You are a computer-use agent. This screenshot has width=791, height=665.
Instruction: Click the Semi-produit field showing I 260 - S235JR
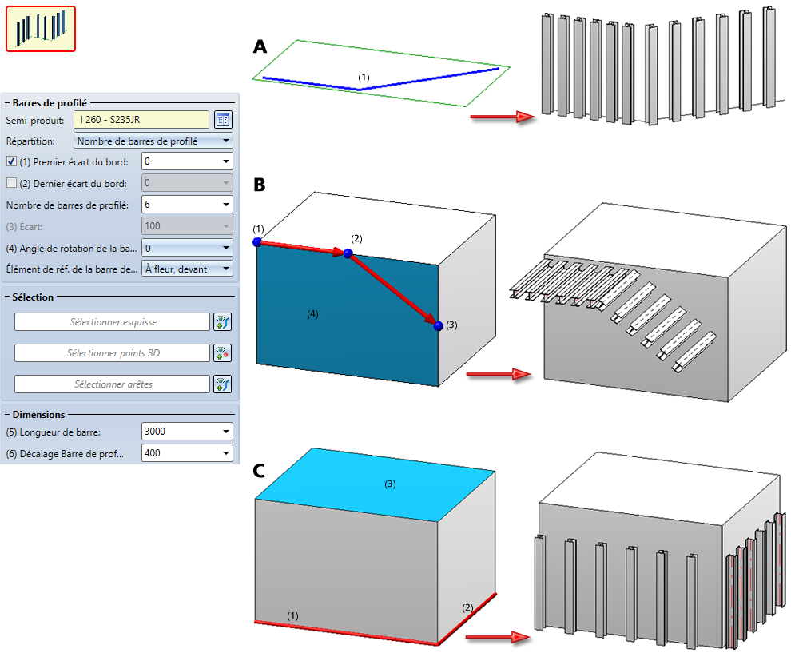click(x=141, y=120)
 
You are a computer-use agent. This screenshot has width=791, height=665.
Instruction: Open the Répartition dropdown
click(x=153, y=141)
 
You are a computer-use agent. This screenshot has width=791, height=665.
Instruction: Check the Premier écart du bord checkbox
click(x=11, y=161)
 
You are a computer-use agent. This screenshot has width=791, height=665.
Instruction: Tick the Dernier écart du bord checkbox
click(x=11, y=183)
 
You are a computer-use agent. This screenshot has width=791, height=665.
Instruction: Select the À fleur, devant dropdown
click(x=186, y=269)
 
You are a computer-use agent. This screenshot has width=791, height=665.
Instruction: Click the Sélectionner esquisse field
click(x=112, y=322)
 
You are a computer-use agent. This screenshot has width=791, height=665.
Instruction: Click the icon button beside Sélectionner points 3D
click(x=222, y=353)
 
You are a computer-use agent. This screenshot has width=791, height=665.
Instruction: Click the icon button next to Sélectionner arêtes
click(x=222, y=384)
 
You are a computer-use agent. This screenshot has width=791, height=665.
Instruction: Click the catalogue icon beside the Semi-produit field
click(x=223, y=120)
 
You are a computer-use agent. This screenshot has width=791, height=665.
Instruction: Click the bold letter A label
click(x=260, y=47)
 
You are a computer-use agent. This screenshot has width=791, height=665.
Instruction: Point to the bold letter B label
click(x=260, y=185)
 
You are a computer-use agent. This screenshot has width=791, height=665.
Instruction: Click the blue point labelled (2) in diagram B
click(x=348, y=253)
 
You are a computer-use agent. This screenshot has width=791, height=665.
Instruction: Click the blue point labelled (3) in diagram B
click(x=438, y=325)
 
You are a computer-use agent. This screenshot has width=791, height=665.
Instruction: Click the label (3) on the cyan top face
click(x=391, y=484)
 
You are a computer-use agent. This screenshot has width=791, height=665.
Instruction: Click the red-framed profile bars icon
click(x=41, y=29)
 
